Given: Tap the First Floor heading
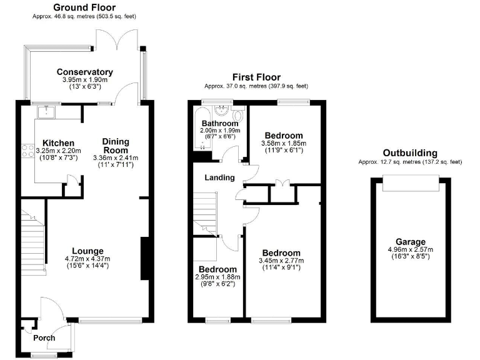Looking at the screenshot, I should tap(256, 76).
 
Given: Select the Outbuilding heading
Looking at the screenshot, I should tap(410, 152).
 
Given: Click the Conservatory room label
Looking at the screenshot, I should tap(85, 72).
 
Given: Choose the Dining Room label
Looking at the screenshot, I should tap(115, 146).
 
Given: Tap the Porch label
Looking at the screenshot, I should tap(44, 337).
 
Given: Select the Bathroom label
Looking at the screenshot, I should tap(216, 123).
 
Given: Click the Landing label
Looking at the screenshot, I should tap(219, 177).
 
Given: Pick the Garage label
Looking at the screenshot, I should tap(410, 242).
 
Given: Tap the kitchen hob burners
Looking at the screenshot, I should tap(28, 150).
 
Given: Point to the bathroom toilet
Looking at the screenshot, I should tap(237, 117).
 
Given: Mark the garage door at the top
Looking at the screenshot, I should tap(410, 182).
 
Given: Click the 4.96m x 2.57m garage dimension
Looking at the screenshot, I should tap(410, 250).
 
